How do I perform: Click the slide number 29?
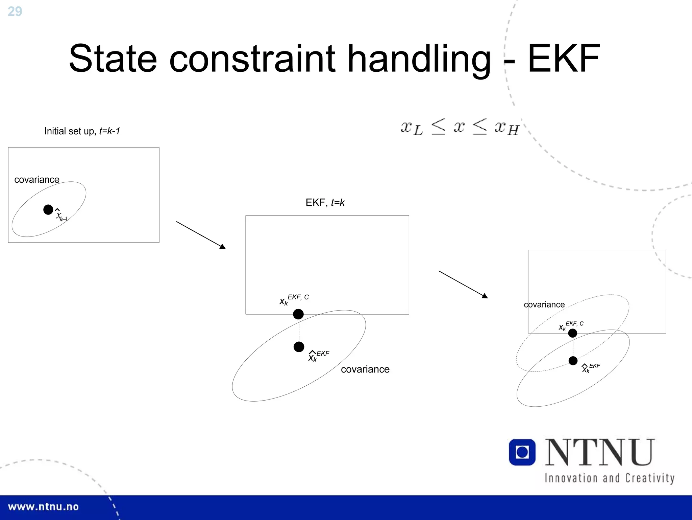pyautogui.click(x=15, y=12)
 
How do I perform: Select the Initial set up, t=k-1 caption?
pyautogui.click(x=82, y=131)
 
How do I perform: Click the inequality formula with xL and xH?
pyautogui.click(x=460, y=128)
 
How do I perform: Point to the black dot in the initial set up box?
pyautogui.click(x=48, y=210)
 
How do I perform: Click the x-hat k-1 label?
pyautogui.click(x=61, y=216)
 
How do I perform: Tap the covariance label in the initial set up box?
pyautogui.click(x=37, y=180)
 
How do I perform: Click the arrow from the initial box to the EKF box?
pyautogui.click(x=201, y=235)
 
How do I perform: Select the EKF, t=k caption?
pyautogui.click(x=325, y=203)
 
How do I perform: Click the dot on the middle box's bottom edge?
pyautogui.click(x=298, y=314)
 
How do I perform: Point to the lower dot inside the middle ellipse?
pyautogui.click(x=299, y=347)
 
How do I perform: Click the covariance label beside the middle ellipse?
pyautogui.click(x=365, y=369)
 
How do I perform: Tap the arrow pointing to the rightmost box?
pyautogui.click(x=463, y=284)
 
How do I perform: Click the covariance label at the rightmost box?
pyautogui.click(x=544, y=305)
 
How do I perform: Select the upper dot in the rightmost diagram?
pyautogui.click(x=573, y=333)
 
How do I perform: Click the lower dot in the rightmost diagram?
pyautogui.click(x=573, y=361)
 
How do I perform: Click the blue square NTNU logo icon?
pyautogui.click(x=522, y=452)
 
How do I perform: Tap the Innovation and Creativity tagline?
pyautogui.click(x=610, y=478)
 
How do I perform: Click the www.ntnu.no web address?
pyautogui.click(x=43, y=507)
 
